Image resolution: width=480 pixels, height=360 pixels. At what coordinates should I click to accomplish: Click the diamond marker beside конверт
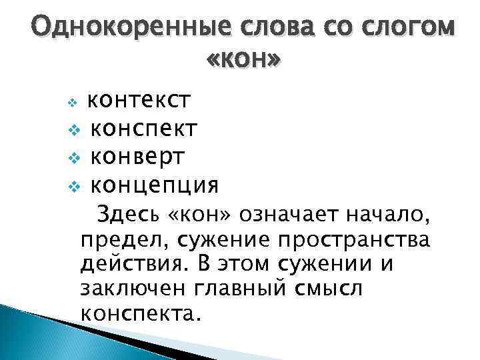[x=75, y=157]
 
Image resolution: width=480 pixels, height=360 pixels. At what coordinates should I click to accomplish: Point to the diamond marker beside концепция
[x=75, y=185]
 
